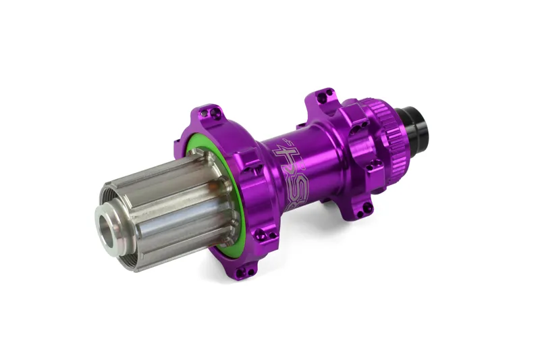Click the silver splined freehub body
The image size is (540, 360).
point(162,203)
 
